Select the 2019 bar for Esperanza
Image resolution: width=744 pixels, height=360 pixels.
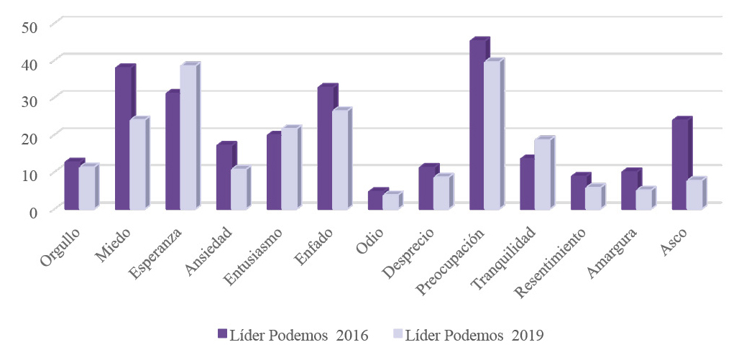pyautogui.click(x=187, y=138)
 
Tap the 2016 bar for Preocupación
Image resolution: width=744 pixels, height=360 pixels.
pyautogui.click(x=477, y=126)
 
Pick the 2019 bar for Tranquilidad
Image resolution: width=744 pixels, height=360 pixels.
pyautogui.click(x=542, y=175)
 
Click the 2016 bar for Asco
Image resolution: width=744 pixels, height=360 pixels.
pyautogui.click(x=679, y=165)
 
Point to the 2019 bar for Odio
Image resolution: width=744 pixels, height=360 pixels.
pyautogui.click(x=390, y=202)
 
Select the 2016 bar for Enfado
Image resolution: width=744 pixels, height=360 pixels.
pyautogui.click(x=325, y=149)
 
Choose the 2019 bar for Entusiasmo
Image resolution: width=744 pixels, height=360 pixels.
pyautogui.click(x=288, y=170)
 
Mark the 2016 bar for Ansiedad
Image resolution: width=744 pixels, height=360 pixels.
pyautogui.click(x=224, y=177)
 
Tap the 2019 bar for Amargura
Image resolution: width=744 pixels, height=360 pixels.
pyautogui.click(x=643, y=200)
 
